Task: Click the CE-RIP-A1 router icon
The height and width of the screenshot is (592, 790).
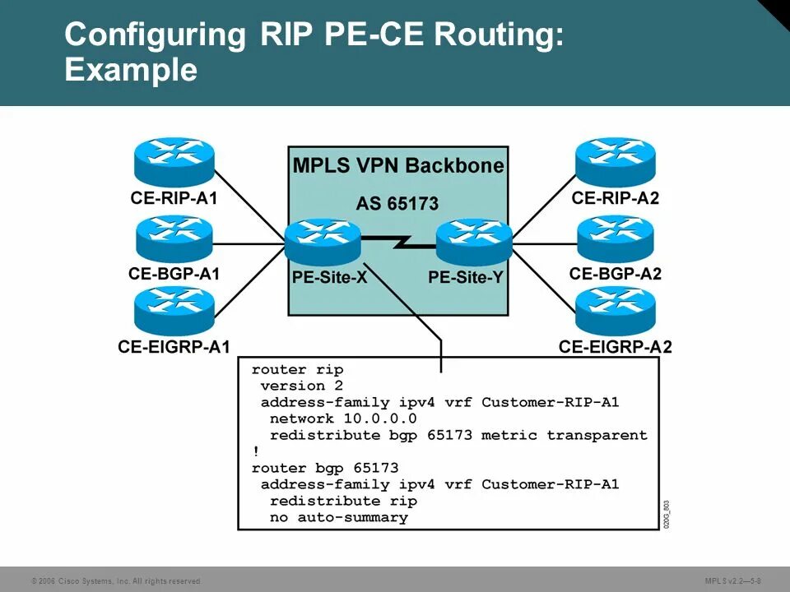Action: tap(174, 161)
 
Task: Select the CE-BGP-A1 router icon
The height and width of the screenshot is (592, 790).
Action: tap(174, 238)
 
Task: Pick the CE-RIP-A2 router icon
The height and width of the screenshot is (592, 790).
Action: tap(615, 161)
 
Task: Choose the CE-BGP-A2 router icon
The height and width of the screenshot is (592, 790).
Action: tap(615, 238)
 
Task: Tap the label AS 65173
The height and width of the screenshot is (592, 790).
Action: tap(397, 203)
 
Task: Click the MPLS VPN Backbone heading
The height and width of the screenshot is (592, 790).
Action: tap(398, 166)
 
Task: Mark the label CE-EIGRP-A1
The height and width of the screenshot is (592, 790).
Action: tap(174, 347)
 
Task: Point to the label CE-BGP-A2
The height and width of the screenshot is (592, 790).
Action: tap(615, 274)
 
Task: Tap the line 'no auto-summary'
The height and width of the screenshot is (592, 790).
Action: tap(338, 517)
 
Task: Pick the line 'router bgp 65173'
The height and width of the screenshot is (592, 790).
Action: tap(325, 468)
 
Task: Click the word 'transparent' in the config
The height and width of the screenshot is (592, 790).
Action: tap(597, 435)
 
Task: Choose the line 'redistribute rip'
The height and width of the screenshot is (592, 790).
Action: tap(343, 501)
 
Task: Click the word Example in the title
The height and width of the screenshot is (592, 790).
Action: tap(131, 70)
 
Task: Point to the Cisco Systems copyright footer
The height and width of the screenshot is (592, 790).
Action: tap(115, 581)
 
